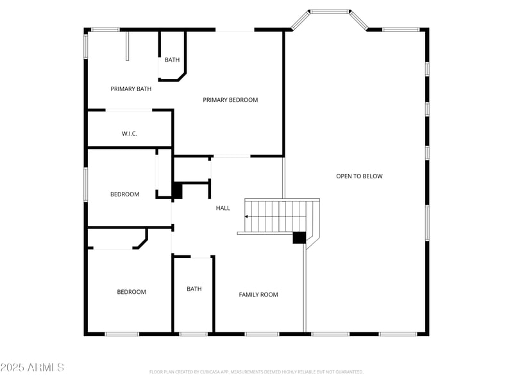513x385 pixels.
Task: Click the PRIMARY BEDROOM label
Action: (230, 100)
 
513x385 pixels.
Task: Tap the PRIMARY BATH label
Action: (131, 89)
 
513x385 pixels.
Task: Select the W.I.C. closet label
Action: (130, 133)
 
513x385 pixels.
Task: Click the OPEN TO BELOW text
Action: (359, 176)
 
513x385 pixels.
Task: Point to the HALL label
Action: (223, 208)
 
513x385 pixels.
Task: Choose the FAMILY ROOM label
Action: (258, 295)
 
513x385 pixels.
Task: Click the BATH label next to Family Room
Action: (194, 289)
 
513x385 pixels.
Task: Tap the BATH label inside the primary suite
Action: (172, 60)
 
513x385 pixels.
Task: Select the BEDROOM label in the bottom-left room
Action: (131, 292)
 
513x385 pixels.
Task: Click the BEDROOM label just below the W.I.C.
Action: (124, 194)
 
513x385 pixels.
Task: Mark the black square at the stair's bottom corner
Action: (299, 237)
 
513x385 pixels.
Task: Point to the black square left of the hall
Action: (177, 191)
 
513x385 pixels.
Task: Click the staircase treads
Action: (282, 216)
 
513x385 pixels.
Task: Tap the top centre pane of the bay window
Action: (329, 12)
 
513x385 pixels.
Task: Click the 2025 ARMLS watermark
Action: (32, 367)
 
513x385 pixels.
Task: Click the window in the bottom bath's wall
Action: (193, 334)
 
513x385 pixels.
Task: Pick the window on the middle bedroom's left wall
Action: (86, 185)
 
